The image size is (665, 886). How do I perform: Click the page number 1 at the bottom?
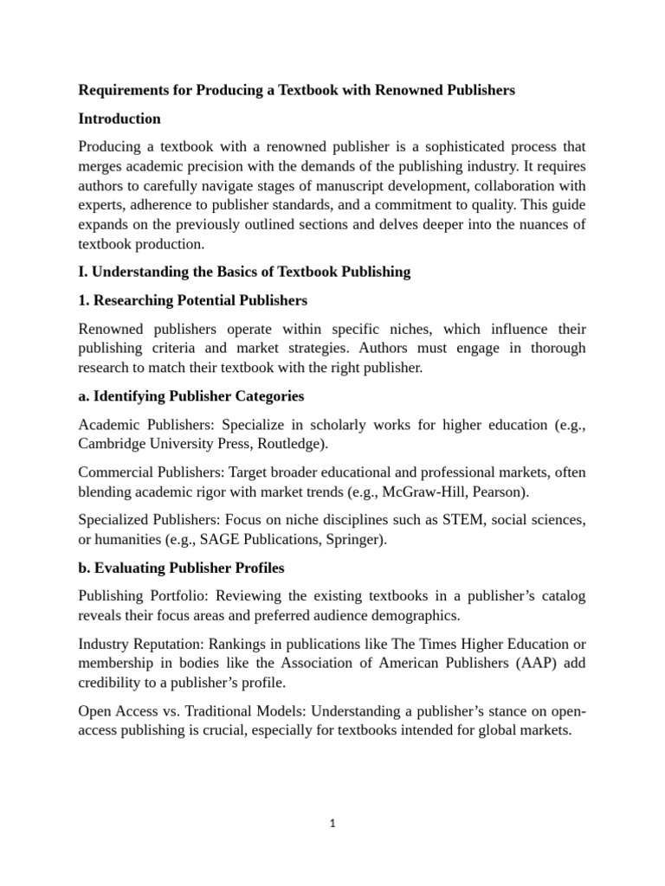332,824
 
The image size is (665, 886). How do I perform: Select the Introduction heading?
119,118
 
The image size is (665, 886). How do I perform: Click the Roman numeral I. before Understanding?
82,272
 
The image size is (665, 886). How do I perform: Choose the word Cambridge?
113,443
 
